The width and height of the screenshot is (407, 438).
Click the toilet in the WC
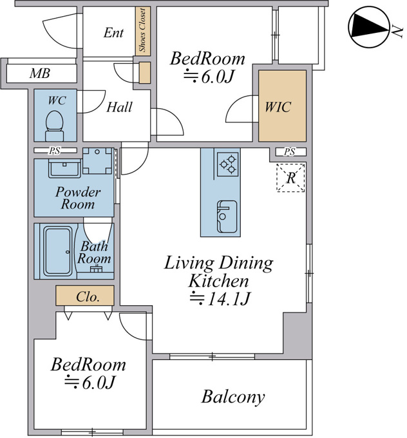coord(55,126)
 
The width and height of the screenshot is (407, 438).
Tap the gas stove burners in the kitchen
coord(228,164)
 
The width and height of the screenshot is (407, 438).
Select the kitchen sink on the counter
coord(227,216)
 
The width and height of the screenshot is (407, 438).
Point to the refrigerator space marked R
coord(290,178)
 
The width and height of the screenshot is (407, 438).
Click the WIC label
coord(278,107)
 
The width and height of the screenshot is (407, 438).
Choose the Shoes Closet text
coord(142,30)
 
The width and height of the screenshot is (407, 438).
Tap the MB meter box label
coord(40,73)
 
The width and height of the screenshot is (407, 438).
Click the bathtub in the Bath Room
coord(58,251)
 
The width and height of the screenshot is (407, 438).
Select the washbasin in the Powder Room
coord(64,168)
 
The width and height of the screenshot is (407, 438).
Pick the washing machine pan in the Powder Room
coord(97,161)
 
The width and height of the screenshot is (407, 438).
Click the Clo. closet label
coord(88,297)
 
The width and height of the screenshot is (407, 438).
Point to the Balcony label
coord(233,397)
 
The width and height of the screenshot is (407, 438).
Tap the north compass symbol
coord(369,27)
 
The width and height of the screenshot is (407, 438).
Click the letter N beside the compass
coord(397,31)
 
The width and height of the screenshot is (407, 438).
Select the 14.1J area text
coord(220,298)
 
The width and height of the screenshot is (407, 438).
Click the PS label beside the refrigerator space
coord(289,152)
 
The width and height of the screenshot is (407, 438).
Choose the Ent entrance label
coord(113,33)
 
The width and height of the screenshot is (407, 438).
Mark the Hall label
coord(119,107)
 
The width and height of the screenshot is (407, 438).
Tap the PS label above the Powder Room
coord(55,151)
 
